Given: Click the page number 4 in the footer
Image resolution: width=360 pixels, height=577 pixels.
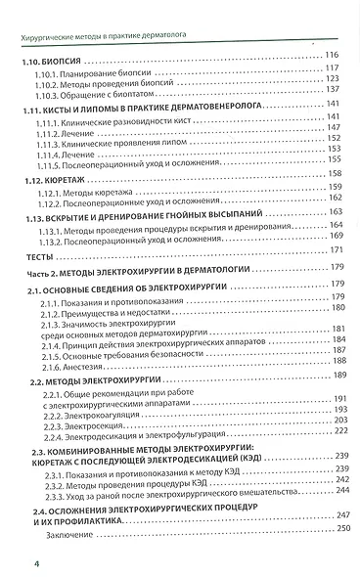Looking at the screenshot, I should click(8, 562).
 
